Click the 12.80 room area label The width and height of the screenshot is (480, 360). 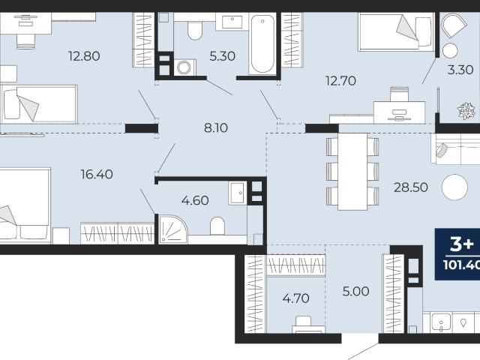(84, 56)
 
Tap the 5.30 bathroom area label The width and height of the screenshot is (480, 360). (222, 56)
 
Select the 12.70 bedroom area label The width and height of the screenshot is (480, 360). (340, 81)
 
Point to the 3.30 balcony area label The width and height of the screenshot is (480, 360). (460, 70)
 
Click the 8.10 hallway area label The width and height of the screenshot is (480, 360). (216, 128)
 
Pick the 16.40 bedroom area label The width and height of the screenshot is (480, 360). (97, 175)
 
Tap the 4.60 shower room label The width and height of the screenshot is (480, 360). (195, 200)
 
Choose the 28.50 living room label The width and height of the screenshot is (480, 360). (411, 187)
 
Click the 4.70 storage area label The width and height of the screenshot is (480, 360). (295, 298)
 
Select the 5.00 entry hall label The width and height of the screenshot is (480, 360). (355, 292)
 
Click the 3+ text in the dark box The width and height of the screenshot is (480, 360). (462, 244)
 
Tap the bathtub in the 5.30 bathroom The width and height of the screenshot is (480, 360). (262, 43)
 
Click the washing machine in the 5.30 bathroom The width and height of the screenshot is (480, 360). (184, 67)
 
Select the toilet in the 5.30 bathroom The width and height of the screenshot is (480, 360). (195, 30)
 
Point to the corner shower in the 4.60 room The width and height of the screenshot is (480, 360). (173, 229)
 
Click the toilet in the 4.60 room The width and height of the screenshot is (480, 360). (217, 226)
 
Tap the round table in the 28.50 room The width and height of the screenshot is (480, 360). (454, 187)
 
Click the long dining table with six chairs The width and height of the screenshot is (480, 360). (352, 172)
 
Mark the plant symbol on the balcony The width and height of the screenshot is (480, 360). (466, 110)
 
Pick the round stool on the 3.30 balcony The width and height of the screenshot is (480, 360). (450, 50)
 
